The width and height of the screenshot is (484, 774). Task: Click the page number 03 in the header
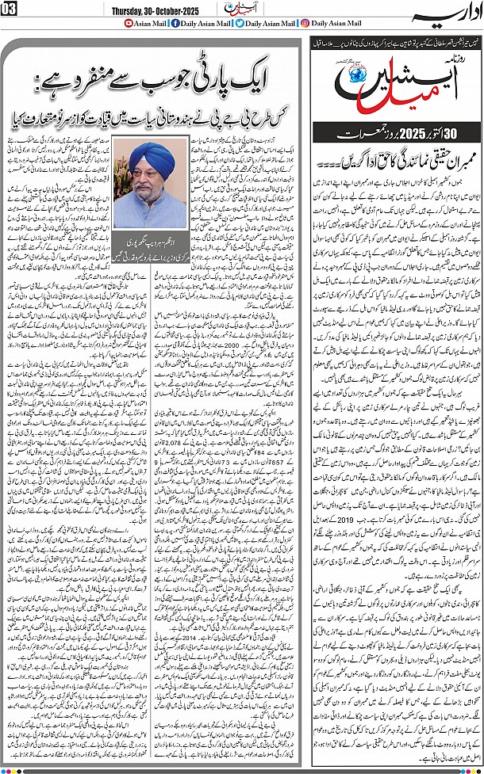pyautogui.click(x=10, y=9)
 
